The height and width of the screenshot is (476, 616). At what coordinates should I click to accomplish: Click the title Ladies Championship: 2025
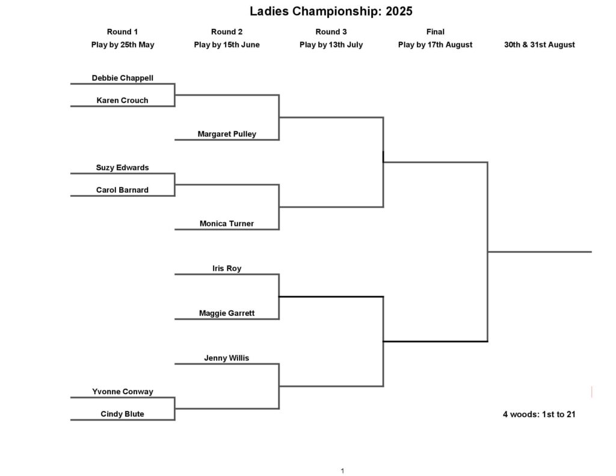[331, 11]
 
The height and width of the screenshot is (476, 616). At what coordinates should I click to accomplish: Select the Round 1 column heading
[122, 32]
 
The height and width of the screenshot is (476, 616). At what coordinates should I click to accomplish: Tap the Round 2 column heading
[227, 32]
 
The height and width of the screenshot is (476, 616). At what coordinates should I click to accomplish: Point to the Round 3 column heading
[331, 32]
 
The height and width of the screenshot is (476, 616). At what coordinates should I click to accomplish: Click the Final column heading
[436, 32]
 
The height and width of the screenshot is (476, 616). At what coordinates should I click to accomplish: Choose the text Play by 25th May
[123, 45]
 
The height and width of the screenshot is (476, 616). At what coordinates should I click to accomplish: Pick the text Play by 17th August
[436, 45]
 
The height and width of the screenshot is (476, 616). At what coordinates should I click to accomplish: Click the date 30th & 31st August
[540, 45]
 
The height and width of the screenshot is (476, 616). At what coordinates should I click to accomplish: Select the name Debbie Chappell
[123, 78]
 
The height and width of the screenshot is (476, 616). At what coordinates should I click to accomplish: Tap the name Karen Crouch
[122, 100]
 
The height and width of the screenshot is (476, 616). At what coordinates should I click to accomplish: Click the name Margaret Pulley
[227, 134]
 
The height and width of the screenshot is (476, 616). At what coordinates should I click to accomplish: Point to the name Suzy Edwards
[122, 167]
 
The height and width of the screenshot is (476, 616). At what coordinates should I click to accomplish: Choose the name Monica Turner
[227, 224]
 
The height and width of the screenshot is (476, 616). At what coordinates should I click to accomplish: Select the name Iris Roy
[227, 268]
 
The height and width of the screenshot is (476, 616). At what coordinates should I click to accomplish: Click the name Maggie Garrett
[227, 314]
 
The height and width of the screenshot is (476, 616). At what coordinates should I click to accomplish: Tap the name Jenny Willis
[227, 358]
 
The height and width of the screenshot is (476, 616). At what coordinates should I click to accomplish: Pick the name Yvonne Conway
[123, 392]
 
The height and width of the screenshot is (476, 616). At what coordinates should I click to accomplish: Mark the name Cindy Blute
[122, 414]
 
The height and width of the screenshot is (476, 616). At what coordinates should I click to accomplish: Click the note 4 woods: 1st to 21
[539, 414]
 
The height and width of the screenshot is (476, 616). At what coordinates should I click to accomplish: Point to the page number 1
[342, 471]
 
